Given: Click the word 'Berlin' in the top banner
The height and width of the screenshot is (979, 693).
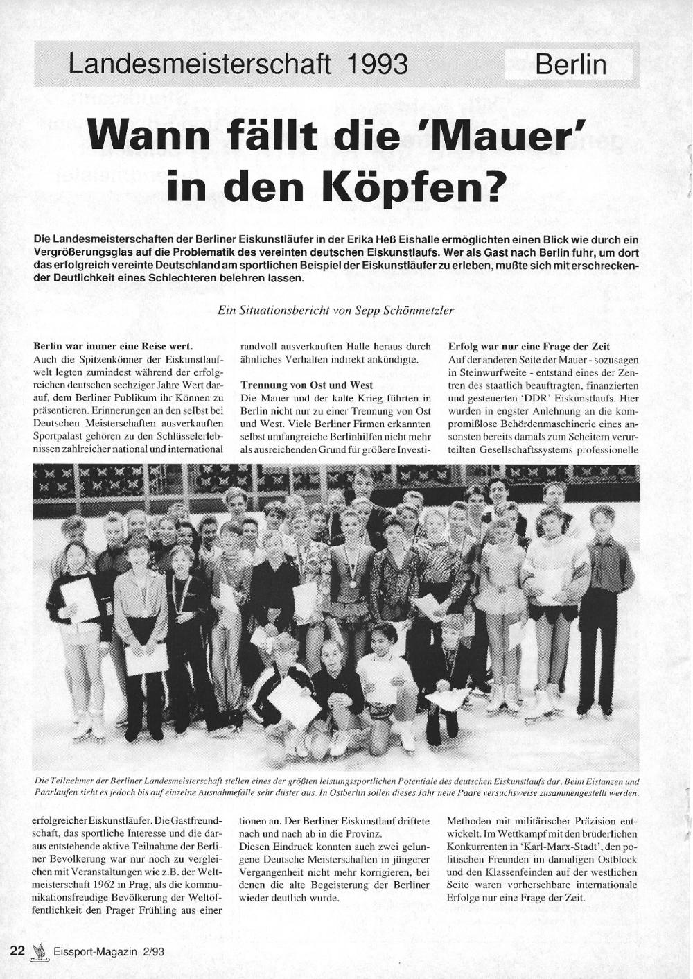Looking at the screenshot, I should pyautogui.click(x=571, y=64).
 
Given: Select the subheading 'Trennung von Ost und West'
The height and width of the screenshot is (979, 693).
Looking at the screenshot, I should pyautogui.click(x=306, y=385).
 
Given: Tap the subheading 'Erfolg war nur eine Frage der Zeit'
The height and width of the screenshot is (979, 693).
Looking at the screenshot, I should pyautogui.click(x=529, y=346).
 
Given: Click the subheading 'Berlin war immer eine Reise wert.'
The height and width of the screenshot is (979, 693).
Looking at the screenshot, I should pyautogui.click(x=113, y=346).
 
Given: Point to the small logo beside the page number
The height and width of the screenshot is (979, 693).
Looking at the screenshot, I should pyautogui.click(x=38, y=952).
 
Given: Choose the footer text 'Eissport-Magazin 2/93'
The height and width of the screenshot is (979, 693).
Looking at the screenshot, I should pyautogui.click(x=104, y=952).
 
